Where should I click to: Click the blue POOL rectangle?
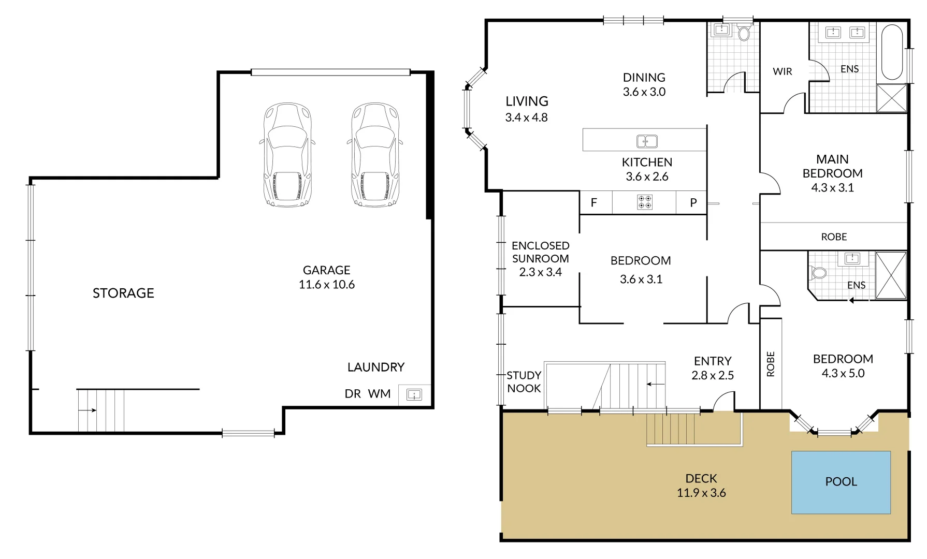pos(841,482)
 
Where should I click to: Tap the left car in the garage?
pos(287,155)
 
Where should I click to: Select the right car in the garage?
pos(375,155)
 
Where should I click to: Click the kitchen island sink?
pos(647,141)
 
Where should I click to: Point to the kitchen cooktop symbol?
pos(645,202)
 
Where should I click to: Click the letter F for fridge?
pos(594,202)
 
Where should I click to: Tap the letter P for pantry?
pos(693,203)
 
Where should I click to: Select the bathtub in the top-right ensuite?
pos(892,52)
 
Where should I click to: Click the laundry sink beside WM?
pos(414,395)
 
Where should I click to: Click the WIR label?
pos(782,71)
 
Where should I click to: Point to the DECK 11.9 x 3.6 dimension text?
pos(701,493)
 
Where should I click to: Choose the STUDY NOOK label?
pos(524,381)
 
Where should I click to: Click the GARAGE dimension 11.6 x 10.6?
pos(326,284)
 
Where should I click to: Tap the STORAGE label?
pos(123,293)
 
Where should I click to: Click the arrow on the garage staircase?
pos(88,410)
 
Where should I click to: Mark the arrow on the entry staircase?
pos(656,384)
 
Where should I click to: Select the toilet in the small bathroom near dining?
pos(744,34)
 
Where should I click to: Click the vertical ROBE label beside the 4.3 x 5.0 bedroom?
pos(771,364)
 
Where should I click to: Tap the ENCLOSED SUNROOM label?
pos(540,258)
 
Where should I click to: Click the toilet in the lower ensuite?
pos(819,272)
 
